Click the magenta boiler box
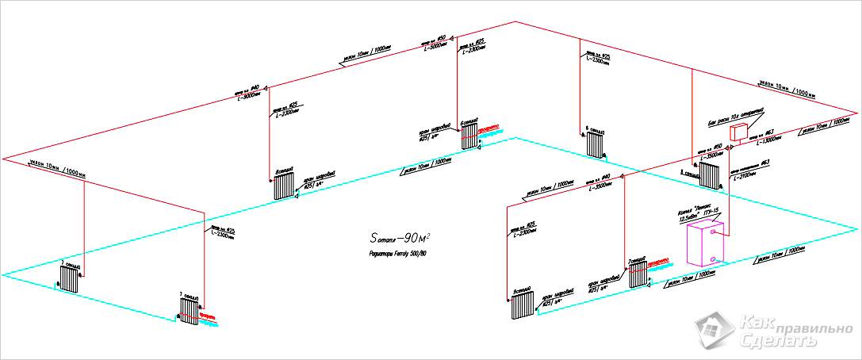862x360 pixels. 704,245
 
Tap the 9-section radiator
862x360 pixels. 522,306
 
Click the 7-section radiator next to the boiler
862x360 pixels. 638,274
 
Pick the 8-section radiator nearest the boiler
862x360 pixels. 709,174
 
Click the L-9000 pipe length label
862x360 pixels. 249,96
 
